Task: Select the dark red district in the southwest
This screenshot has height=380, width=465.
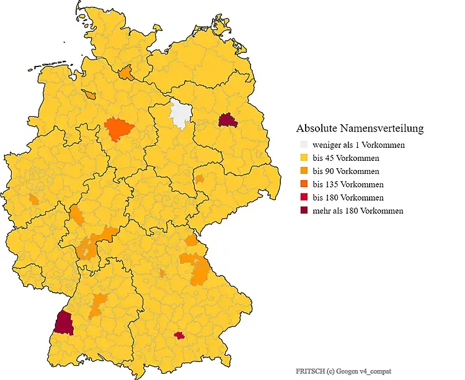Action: pos(63,323)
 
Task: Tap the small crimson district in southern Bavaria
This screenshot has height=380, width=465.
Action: pos(180,335)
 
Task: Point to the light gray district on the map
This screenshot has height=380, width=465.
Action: pos(180,114)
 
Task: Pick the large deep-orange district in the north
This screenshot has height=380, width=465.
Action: pos(119,129)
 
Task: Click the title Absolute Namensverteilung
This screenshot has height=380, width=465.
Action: pos(360,129)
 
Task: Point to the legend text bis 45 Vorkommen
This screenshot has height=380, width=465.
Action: pos(346,158)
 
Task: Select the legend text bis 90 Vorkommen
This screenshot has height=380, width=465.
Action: pos(346,171)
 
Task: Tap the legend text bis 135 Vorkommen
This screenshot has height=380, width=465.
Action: pos(348,184)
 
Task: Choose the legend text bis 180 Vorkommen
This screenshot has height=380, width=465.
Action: pos(348,197)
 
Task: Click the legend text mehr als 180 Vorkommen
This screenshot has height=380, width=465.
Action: pos(358,210)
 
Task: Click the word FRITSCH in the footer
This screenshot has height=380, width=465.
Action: pos(308,371)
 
